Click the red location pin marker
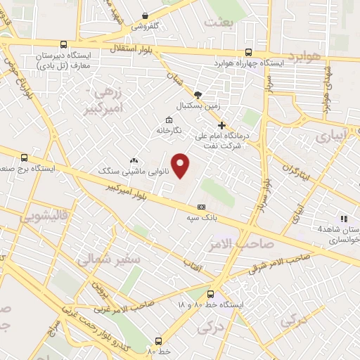tap(181, 167)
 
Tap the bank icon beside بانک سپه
tap(201, 207)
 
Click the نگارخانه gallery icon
tap(169, 119)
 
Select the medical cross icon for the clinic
tap(222, 124)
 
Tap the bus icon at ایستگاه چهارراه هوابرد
tap(248, 51)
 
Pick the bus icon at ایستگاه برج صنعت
tap(25, 157)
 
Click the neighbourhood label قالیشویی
tap(30, 217)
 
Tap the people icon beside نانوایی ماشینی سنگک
tap(134, 160)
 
